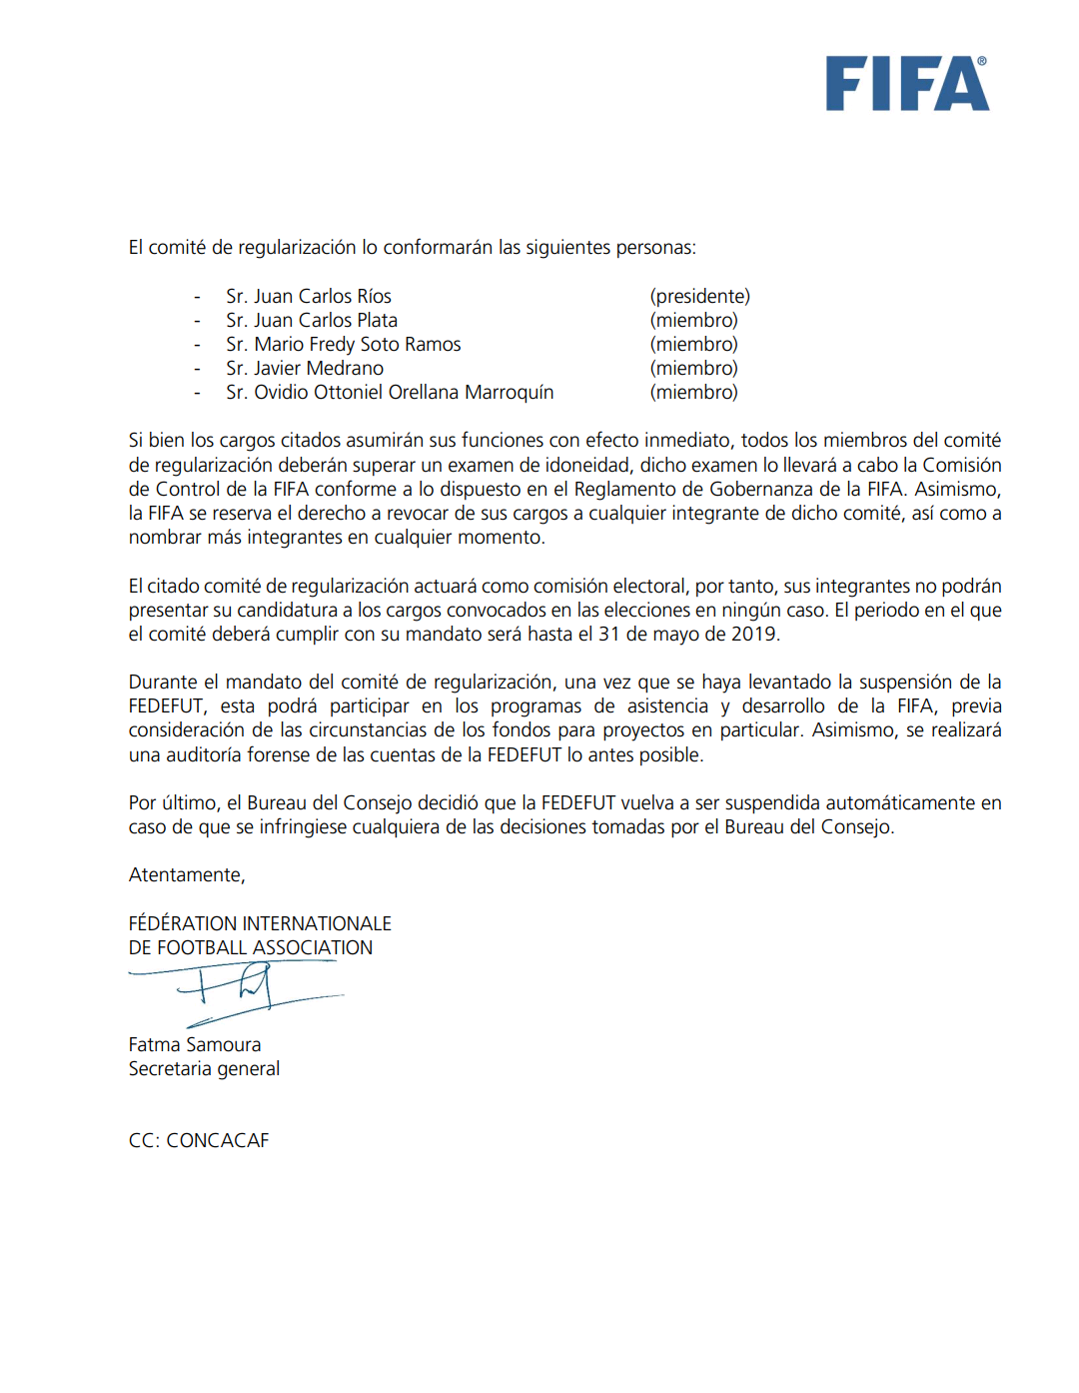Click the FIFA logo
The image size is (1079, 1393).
click(x=906, y=84)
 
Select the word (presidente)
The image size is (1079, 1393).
click(x=699, y=297)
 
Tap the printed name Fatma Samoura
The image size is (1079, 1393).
click(x=195, y=1045)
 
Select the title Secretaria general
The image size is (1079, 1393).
click(x=204, y=1069)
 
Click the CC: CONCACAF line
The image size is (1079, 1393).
click(x=199, y=1141)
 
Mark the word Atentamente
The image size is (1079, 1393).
click(x=186, y=875)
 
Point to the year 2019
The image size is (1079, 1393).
click(x=753, y=635)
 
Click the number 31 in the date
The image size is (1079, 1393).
click(x=609, y=635)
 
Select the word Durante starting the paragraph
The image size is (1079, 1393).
click(x=164, y=683)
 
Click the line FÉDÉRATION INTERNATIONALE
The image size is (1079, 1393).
click(x=260, y=924)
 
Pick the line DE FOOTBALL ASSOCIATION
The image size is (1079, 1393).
click(x=251, y=948)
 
